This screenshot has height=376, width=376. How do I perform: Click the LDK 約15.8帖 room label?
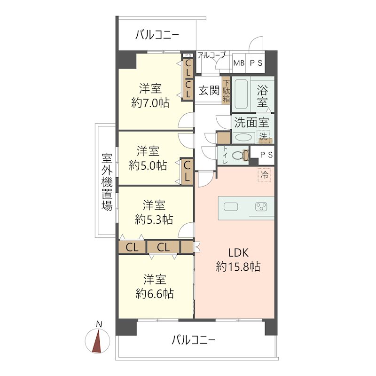pos(238,259)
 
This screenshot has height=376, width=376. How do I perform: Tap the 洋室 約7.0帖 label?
pos(150,96)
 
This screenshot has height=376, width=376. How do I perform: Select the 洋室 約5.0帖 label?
pos(148,158)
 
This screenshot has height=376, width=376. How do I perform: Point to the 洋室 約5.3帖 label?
pos(154,212)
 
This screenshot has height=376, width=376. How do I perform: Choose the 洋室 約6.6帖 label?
pos(155,287)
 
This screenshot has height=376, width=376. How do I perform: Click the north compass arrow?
pos(98,341)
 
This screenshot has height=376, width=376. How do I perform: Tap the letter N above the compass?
pos(99,324)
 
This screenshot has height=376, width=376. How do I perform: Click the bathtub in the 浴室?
pos(241,94)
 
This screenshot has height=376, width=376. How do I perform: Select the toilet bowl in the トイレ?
pos(238,156)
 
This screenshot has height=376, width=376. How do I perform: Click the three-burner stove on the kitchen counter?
pos(261,207)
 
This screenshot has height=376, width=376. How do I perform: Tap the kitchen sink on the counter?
pos(231,207)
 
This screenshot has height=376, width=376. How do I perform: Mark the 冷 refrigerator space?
pos(265,175)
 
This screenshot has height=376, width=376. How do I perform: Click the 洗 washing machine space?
pos(264,136)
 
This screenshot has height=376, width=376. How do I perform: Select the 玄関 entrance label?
pos(209,90)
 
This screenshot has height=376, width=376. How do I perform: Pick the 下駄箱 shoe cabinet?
pos(226,90)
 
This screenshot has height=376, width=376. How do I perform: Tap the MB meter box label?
pos(239,63)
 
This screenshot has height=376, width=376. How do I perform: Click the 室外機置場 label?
pos(107,181)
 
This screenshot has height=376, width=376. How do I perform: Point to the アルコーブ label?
pos(211,55)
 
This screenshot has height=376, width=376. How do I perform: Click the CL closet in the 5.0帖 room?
pos(187,171)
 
